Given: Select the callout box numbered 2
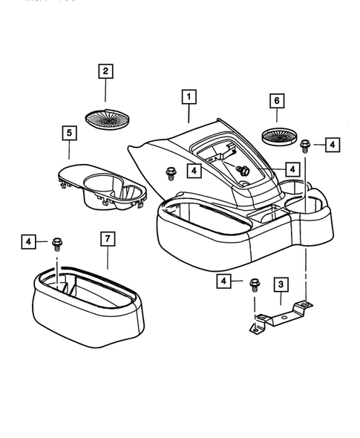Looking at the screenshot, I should pyautogui.click(x=105, y=72).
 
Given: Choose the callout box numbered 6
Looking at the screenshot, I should pyautogui.click(x=276, y=100).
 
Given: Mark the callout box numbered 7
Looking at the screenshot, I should pyautogui.click(x=108, y=238).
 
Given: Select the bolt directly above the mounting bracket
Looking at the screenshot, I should pyautogui.click(x=255, y=282).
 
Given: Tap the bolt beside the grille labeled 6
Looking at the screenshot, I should pyautogui.click(x=305, y=146).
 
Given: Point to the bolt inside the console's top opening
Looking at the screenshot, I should pyautogui.click(x=243, y=170).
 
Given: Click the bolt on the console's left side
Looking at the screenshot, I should pyautogui.click(x=171, y=173).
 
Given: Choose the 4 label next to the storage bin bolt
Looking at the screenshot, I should pyautogui.click(x=29, y=241).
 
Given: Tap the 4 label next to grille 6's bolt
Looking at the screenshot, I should pyautogui.click(x=331, y=144).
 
